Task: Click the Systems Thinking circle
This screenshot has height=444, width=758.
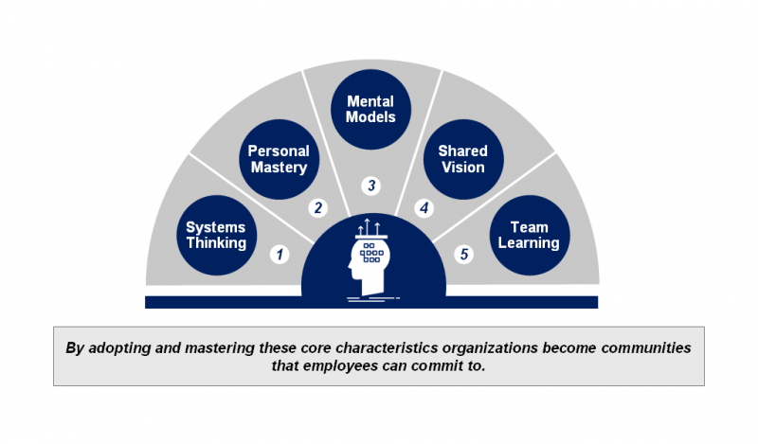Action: pyautogui.click(x=216, y=236)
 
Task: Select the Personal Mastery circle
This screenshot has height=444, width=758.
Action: pyautogui.click(x=278, y=159)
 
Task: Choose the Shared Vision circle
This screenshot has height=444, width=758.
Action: pyautogui.click(x=462, y=159)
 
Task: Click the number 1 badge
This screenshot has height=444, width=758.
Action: pyautogui.click(x=279, y=254)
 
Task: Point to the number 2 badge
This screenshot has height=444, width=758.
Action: pyautogui.click(x=319, y=207)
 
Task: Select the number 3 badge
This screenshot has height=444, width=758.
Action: pyautogui.click(x=371, y=185)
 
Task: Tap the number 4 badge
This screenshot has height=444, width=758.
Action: pyautogui.click(x=424, y=207)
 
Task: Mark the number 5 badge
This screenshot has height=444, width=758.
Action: pyautogui.click(x=464, y=254)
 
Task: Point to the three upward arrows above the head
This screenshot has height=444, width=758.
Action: pyautogui.click(x=372, y=227)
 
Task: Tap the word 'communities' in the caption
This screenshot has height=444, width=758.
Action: pyautogui.click(x=643, y=347)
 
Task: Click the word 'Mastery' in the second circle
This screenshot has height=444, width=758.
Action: pyautogui.click(x=278, y=168)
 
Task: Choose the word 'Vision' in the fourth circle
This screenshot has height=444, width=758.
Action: pyautogui.click(x=462, y=168)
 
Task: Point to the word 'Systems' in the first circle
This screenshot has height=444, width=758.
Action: pyautogui.click(x=216, y=227)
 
